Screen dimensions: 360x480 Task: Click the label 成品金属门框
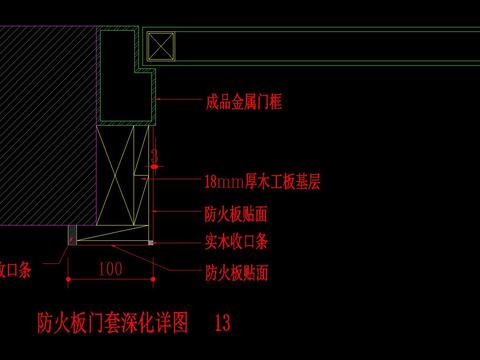pyautogui.click(x=244, y=102)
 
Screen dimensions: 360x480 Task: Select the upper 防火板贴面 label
pyautogui.click(x=235, y=214)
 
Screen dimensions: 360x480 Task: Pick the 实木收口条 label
pyautogui.click(x=235, y=241)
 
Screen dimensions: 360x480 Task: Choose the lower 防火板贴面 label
pyautogui.click(x=235, y=272)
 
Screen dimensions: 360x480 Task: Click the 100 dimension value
pyautogui.click(x=112, y=268)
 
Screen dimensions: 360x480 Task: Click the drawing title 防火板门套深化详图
pyautogui.click(x=112, y=324)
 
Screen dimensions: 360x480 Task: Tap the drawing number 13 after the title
pyautogui.click(x=222, y=324)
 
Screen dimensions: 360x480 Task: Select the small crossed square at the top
pyautogui.click(x=161, y=47)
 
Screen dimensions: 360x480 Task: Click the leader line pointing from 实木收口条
pyautogui.click(x=175, y=241)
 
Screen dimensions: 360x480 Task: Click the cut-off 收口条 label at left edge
pyautogui.click(x=15, y=270)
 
